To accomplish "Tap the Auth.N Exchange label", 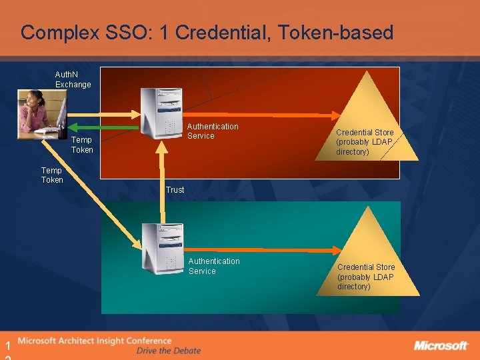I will point(73,80).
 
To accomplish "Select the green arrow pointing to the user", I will point(107,126).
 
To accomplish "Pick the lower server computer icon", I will point(163,247).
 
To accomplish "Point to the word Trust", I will point(175,190).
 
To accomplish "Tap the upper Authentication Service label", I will point(213,131).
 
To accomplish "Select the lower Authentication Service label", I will point(214,266).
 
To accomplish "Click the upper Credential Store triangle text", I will point(365,142).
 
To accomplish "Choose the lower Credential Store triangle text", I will point(365,277).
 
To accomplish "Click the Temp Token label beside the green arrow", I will point(82,145).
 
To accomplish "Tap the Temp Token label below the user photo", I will point(52,175).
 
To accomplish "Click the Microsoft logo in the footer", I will point(441,345).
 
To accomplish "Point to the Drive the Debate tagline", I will point(168,351).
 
